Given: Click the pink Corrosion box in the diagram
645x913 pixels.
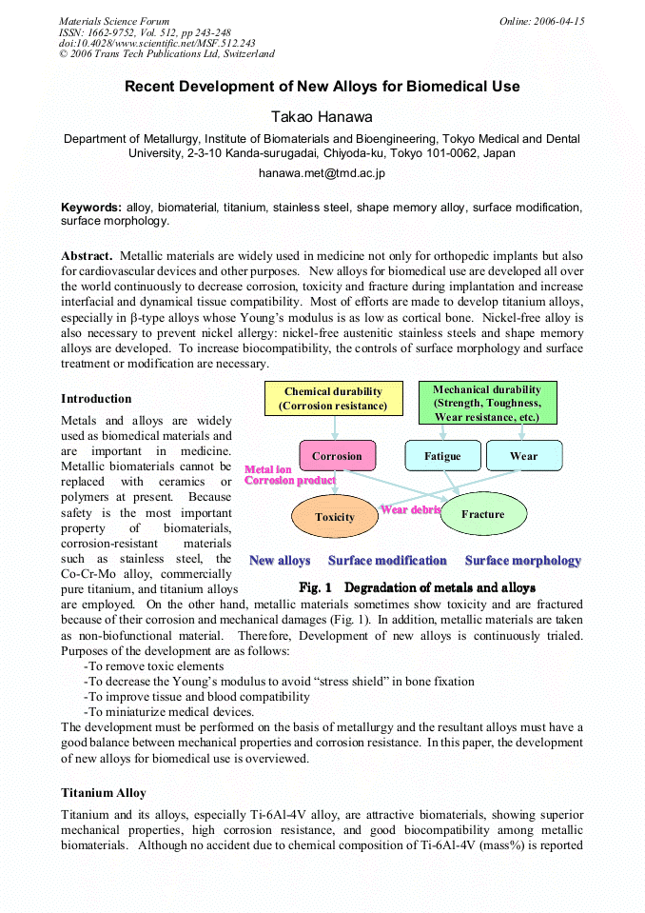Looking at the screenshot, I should [337, 456].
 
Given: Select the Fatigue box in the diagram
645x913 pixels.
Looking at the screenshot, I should [442, 456].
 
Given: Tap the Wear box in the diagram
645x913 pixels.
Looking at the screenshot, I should [523, 456].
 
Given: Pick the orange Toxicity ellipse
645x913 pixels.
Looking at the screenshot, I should [334, 517].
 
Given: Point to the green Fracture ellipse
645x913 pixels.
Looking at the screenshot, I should [482, 514].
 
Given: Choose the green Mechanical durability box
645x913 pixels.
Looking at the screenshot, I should [487, 403].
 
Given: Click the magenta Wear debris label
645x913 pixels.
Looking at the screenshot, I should [410, 509].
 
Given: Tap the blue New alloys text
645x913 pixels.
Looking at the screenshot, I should [280, 561].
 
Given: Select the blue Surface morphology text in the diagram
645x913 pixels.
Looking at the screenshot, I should [522, 561].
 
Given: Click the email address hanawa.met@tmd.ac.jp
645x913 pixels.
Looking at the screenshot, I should [322, 173].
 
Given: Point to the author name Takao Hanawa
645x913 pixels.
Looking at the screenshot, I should [322, 116].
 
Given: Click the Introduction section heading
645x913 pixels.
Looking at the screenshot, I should [96, 398].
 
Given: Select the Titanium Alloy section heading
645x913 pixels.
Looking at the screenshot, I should [104, 792].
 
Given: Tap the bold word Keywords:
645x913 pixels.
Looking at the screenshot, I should [91, 207].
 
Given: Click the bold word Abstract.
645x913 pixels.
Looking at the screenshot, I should [88, 255].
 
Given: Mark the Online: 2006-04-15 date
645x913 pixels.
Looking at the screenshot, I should [541, 21].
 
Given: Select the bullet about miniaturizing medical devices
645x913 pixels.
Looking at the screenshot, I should [168, 711].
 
